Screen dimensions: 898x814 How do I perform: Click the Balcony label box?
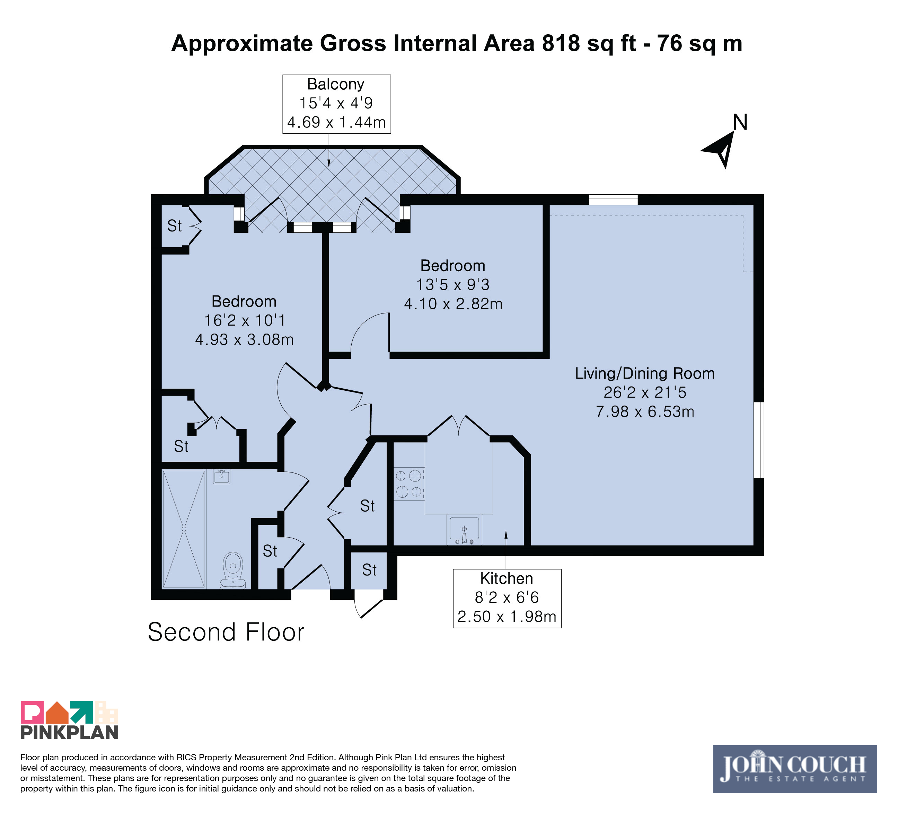point(337,104)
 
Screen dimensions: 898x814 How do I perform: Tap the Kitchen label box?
point(507,599)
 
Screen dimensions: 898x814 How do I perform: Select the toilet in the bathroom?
point(232,570)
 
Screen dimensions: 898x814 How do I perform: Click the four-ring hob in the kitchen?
point(409,484)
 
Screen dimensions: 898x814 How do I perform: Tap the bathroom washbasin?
point(221,477)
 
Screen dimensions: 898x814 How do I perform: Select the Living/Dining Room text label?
point(644,373)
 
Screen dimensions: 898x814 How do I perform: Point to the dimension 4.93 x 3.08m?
point(244,340)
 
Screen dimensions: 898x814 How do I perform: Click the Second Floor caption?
point(226,632)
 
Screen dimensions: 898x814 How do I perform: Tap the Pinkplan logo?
point(70,720)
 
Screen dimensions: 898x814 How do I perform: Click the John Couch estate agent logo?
point(795,769)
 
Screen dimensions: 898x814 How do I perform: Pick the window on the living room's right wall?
point(759,440)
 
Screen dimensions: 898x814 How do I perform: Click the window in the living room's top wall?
point(613,200)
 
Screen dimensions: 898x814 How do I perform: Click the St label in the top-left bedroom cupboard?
point(174,226)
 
